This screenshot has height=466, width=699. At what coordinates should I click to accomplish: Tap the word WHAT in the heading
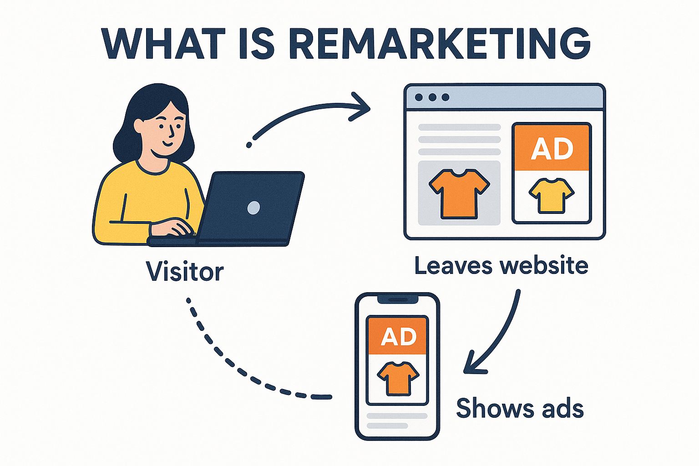pyautogui.click(x=163, y=44)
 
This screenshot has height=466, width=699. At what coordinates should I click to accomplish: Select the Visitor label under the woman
pyautogui.click(x=185, y=272)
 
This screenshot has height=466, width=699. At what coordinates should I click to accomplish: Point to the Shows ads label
pyautogui.click(x=520, y=408)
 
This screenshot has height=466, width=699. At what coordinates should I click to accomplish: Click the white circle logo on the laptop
pyautogui.click(x=253, y=208)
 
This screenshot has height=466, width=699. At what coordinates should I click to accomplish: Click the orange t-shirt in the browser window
pyautogui.click(x=459, y=193)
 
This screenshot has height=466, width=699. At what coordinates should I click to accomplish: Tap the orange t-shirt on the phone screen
pyautogui.click(x=398, y=378)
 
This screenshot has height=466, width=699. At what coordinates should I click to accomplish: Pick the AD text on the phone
pyautogui.click(x=398, y=337)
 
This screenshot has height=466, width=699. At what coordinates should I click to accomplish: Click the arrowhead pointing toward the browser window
pyautogui.click(x=362, y=107)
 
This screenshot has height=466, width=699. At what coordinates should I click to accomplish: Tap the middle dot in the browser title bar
pyautogui.click(x=432, y=97)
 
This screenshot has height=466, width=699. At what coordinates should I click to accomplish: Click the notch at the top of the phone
pyautogui.click(x=397, y=299)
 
